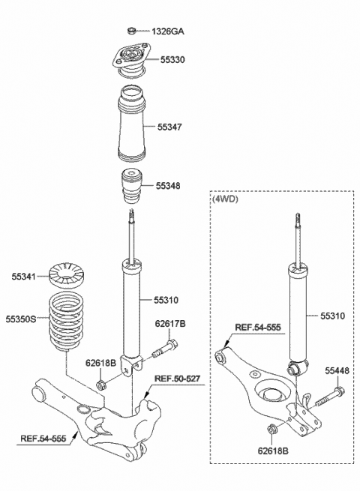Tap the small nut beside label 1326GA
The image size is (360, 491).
tap(132, 31)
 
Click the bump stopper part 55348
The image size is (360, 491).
tap(130, 186)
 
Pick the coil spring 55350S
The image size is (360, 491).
tap(67, 325)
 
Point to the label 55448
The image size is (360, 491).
tap(338, 370)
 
